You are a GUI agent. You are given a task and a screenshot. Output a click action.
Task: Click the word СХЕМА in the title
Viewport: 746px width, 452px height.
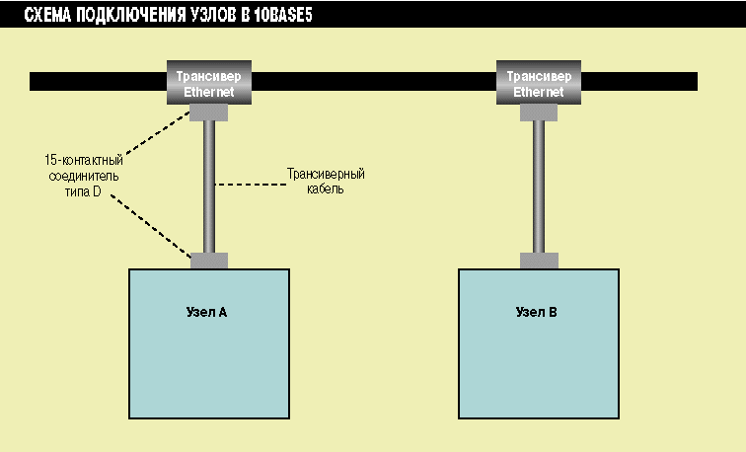50,16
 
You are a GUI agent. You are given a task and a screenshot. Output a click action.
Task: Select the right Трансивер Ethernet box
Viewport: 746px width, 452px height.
540,83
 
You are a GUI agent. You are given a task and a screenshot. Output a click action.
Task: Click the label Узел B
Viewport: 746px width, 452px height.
537,313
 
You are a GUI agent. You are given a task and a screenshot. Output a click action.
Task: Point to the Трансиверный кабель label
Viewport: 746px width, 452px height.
325,181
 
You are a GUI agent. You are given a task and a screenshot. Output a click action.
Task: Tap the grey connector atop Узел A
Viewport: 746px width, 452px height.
209,261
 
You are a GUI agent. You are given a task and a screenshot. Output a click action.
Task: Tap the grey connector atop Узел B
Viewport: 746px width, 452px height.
539,261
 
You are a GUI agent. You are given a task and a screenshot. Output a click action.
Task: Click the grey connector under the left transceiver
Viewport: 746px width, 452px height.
209,113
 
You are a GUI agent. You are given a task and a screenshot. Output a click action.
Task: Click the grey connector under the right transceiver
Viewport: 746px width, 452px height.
539,113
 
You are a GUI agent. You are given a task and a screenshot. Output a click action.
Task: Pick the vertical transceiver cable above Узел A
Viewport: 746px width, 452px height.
209,188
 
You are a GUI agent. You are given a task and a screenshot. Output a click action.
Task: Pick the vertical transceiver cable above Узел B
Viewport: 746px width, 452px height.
539,188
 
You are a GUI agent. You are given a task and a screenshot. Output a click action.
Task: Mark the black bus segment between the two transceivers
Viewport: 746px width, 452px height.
375,81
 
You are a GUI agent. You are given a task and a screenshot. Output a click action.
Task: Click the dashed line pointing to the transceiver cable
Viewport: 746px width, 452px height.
247,184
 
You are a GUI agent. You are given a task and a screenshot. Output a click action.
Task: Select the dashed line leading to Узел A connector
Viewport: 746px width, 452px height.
153,227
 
